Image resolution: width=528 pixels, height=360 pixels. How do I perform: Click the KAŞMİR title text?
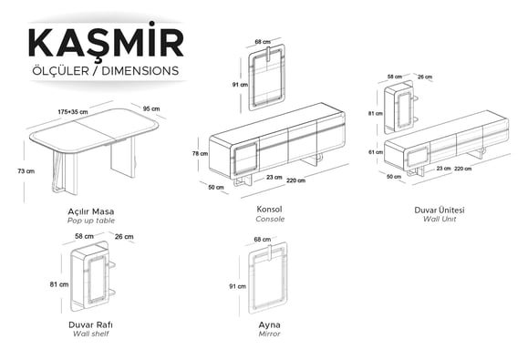point(106,42)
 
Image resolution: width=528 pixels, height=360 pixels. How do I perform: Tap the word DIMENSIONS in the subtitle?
point(140,71)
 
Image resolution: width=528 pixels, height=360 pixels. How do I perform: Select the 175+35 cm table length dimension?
point(73,112)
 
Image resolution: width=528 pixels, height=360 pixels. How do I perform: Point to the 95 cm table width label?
point(151,108)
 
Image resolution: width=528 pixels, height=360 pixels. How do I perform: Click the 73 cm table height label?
point(26,171)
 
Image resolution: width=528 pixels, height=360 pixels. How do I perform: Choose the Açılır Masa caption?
point(91,211)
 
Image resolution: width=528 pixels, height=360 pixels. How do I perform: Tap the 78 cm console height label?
point(200,153)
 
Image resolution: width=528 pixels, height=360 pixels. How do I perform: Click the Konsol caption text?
point(269,209)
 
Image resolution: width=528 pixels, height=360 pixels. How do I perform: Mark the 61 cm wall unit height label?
point(376,152)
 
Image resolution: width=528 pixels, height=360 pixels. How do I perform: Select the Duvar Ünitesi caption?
point(440,210)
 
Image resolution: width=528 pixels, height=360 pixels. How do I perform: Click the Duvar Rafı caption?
point(90,324)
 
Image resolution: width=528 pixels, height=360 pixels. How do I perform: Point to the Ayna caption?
point(269,325)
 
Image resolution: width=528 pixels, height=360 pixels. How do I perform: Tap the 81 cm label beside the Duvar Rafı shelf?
point(59,284)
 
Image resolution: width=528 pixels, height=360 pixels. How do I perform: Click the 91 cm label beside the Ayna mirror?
point(238,286)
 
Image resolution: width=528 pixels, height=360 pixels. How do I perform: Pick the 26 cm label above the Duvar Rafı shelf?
point(124,237)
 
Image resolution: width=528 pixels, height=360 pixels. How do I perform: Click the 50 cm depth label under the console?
point(216,187)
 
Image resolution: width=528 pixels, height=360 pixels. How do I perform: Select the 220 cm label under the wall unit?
point(463,169)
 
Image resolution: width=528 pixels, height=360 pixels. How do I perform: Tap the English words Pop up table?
point(91,221)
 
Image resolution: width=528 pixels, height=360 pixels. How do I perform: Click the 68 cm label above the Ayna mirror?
point(263,239)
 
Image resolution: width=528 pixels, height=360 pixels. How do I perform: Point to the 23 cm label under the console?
point(274,177)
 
